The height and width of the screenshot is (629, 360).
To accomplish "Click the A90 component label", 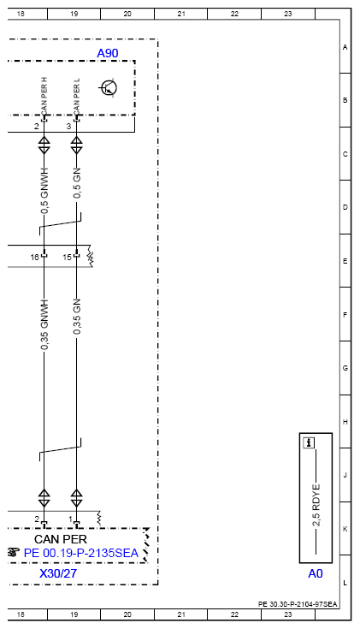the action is [108, 53].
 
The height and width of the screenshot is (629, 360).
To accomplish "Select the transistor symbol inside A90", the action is [109, 88].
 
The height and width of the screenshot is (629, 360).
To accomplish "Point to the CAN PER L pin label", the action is [77, 95].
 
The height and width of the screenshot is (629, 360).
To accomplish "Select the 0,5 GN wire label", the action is [77, 183].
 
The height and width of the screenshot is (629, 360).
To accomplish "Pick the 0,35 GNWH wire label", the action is [44, 324].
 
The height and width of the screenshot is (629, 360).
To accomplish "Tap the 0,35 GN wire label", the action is [77, 317].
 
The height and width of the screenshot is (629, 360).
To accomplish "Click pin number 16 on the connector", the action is [35, 257].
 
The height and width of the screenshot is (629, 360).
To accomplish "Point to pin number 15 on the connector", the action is [67, 257].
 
